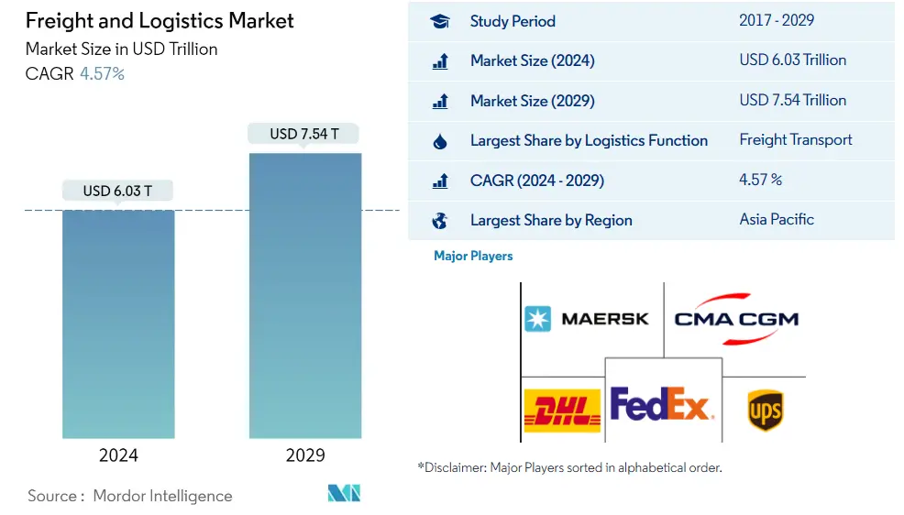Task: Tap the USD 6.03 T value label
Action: (118, 191)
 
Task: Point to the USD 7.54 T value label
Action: (304, 134)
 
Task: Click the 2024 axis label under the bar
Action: (118, 455)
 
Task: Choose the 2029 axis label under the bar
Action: (305, 455)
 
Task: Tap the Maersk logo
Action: (587, 319)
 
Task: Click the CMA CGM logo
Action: (736, 319)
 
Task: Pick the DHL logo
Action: (562, 410)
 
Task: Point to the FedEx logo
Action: (660, 404)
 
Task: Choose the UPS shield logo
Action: (765, 410)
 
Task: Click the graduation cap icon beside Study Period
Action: (440, 21)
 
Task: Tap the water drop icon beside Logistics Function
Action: (440, 141)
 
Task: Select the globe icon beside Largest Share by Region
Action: (440, 220)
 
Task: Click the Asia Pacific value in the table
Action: (777, 219)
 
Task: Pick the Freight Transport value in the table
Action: (796, 139)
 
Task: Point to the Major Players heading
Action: (473, 256)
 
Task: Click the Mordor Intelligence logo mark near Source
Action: (344, 493)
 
